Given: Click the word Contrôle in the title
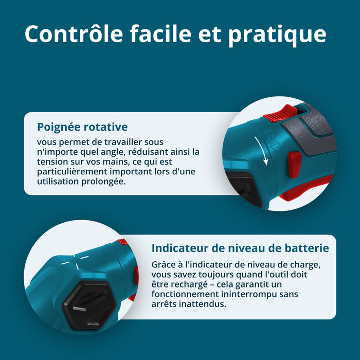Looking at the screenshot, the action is point(74,33).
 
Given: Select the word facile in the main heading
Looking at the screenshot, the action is point(160,33).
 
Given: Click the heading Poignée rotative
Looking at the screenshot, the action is point(82,127).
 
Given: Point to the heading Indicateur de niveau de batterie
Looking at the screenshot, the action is point(240,248).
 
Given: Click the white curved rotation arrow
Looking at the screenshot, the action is point(262,150).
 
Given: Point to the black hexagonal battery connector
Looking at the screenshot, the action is point(89,305).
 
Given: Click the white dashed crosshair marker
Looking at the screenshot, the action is point(75,261).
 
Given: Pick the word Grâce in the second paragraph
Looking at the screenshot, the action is point(161,264).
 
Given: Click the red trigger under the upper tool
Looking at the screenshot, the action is point(305,188).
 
